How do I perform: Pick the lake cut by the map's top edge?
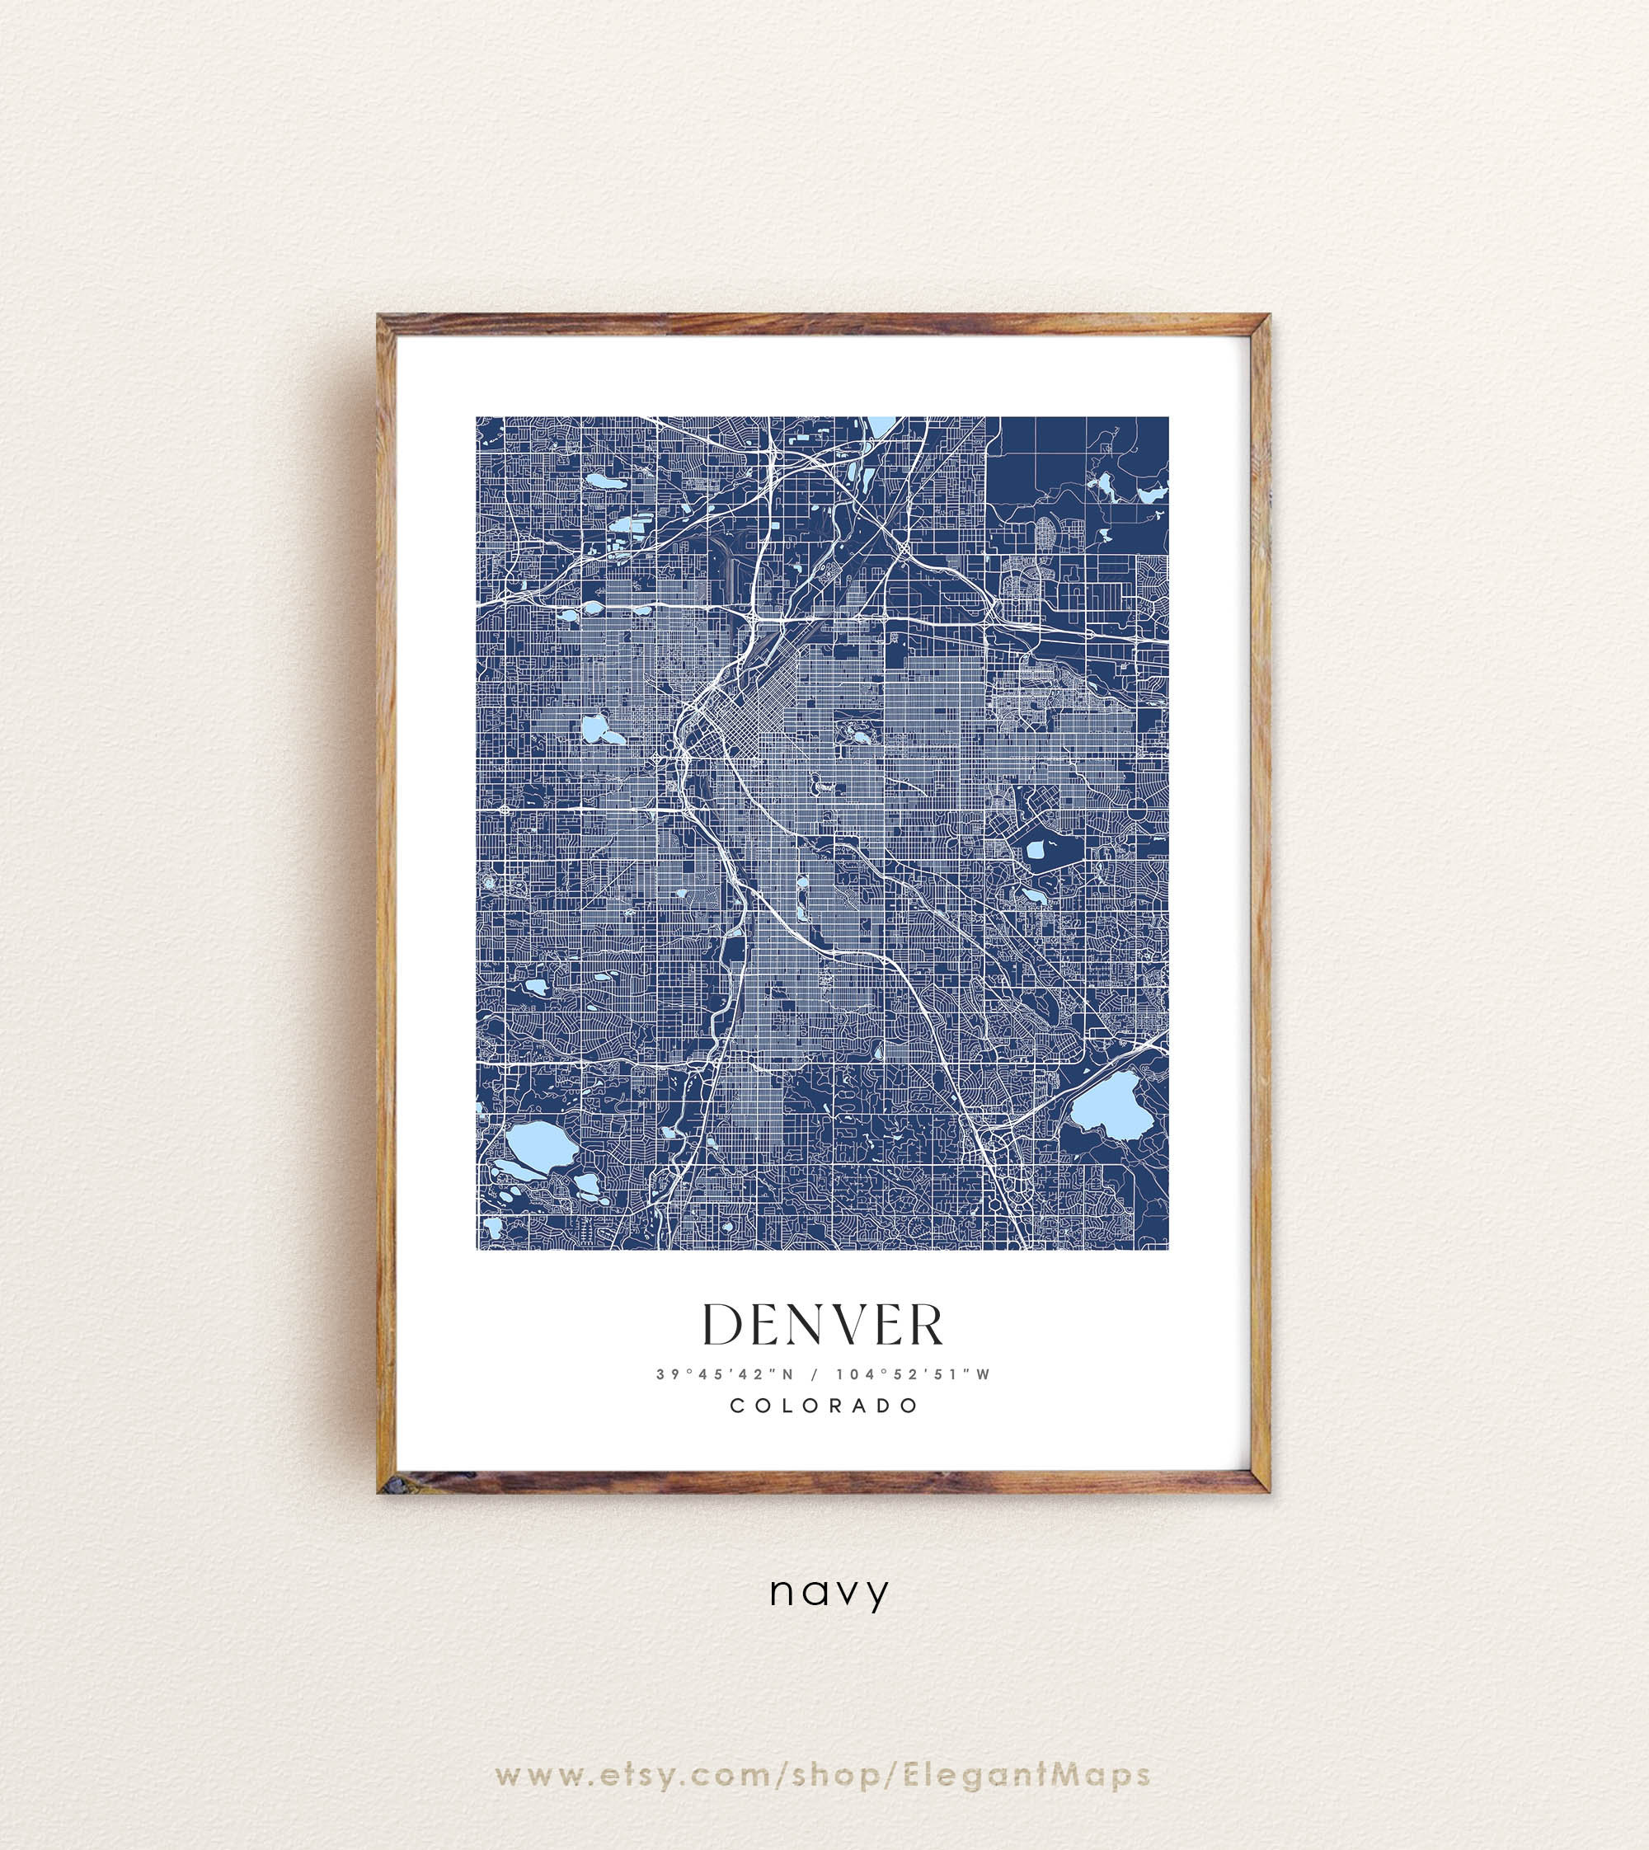pyautogui.click(x=880, y=424)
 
